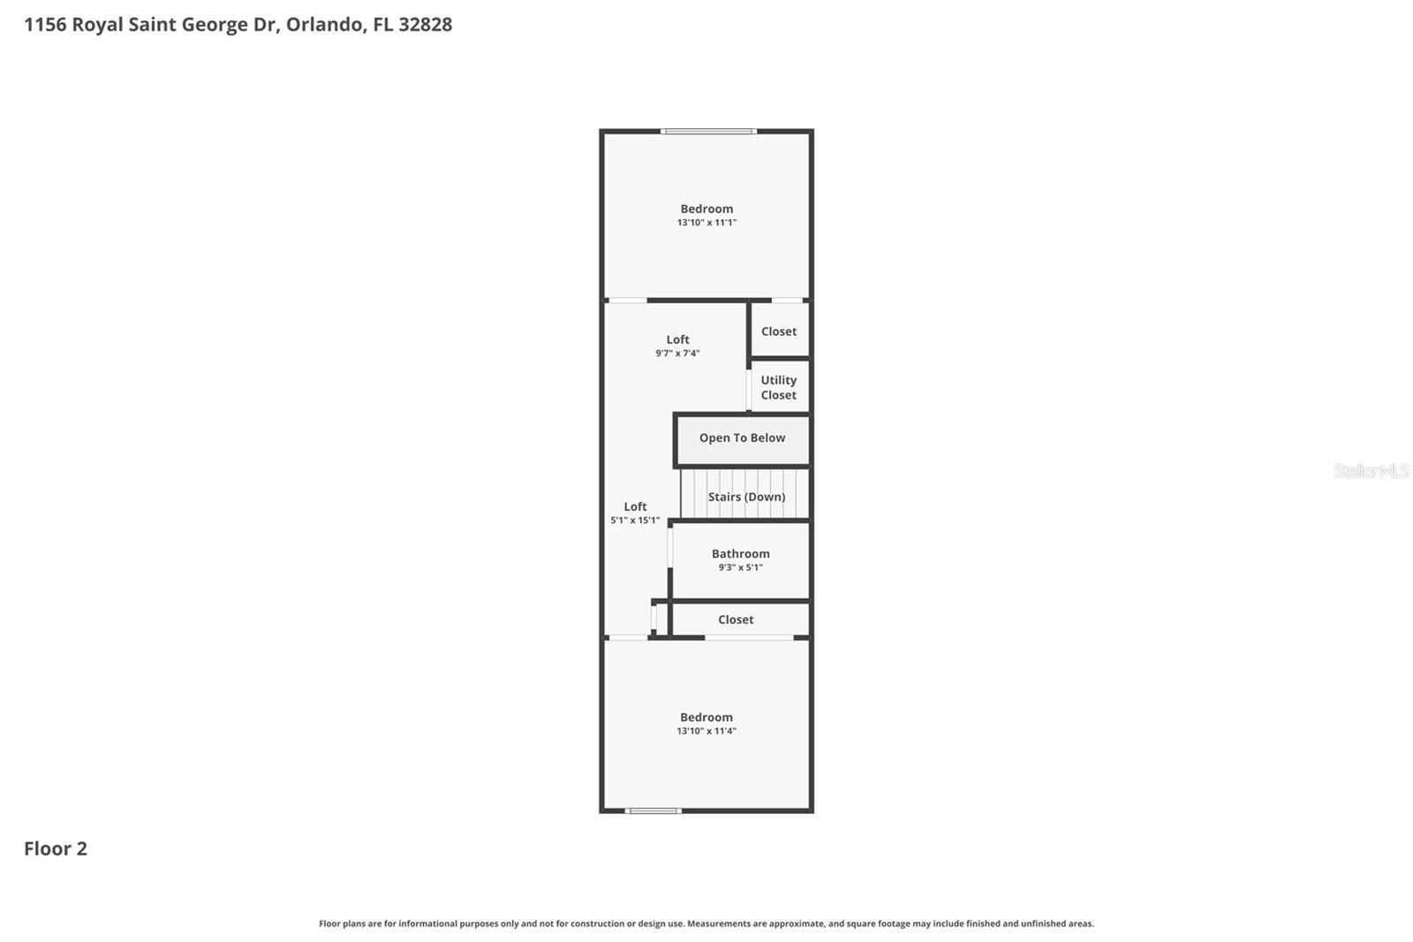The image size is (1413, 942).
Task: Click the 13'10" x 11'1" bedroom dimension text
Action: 706,223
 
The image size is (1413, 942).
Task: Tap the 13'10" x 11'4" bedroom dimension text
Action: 706,731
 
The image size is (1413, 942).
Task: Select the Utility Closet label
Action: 778,388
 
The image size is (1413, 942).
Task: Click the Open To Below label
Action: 742,438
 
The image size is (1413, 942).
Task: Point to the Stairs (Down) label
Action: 746,497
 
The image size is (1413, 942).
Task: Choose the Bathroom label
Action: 740,554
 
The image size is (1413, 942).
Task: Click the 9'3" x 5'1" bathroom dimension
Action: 740,567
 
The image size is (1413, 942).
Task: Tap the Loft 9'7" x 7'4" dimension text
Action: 677,353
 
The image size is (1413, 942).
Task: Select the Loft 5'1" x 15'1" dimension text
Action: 635,520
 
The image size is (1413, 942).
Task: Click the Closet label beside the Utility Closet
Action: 778,331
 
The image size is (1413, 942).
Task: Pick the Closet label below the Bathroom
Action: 736,619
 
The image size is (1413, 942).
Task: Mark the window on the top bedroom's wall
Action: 708,132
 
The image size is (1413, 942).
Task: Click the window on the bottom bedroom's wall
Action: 653,810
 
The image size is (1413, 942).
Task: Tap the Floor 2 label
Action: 56,848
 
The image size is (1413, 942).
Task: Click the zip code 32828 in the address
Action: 425,24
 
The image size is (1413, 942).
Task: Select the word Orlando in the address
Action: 324,24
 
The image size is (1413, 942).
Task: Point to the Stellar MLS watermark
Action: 1371,471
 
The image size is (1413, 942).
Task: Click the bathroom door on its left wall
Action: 670,548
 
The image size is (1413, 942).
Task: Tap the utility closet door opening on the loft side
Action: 749,389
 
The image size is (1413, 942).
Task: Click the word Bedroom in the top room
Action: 706,209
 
